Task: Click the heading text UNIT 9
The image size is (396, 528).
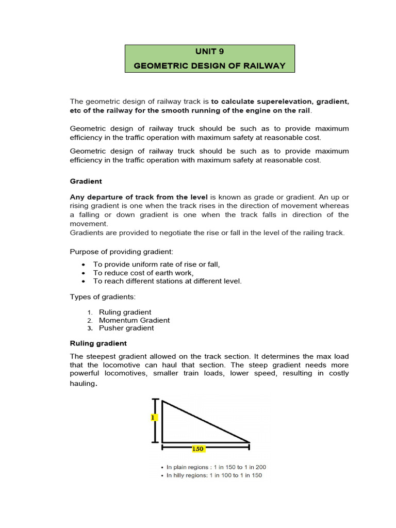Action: pyautogui.click(x=209, y=52)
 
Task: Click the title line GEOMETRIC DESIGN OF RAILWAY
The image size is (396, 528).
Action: pyautogui.click(x=209, y=66)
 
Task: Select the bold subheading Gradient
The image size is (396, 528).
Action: pyautogui.click(x=86, y=181)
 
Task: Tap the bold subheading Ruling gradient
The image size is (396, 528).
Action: pyautogui.click(x=98, y=343)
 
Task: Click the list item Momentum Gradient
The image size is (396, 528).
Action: pyautogui.click(x=134, y=320)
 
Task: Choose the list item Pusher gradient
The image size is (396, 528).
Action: pyautogui.click(x=126, y=328)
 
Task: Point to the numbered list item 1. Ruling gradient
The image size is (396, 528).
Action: pyautogui.click(x=125, y=312)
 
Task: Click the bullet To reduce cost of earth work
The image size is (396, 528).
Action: pyautogui.click(x=143, y=273)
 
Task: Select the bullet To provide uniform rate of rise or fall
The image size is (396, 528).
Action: pyautogui.click(x=156, y=265)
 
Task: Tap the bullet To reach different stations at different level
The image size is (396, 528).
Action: pyautogui.click(x=167, y=281)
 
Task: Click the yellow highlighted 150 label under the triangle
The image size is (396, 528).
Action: pyautogui.click(x=198, y=449)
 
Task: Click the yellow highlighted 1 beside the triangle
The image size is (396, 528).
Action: pyautogui.click(x=154, y=418)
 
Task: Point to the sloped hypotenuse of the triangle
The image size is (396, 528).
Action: pyautogui.click(x=206, y=421)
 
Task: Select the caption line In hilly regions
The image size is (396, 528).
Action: pyautogui.click(x=213, y=475)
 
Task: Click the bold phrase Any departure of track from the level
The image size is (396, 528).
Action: pyautogui.click(x=139, y=197)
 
